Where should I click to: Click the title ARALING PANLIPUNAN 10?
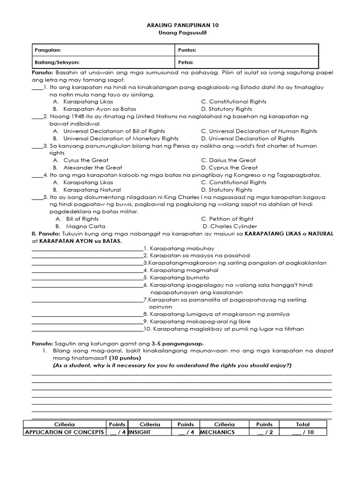180,25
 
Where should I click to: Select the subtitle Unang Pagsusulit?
180,32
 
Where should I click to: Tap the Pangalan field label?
48,50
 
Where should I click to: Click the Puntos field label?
187,50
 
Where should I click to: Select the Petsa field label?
186,62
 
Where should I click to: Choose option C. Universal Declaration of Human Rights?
259,131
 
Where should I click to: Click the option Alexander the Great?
92,167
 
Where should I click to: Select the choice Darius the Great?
232,160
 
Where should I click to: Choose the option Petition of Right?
231,219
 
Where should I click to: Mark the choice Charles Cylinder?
232,226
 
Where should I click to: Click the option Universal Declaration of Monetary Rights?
120,138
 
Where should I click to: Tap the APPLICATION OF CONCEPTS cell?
64,432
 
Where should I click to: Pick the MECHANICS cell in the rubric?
217,432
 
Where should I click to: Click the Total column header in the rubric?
303,424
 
